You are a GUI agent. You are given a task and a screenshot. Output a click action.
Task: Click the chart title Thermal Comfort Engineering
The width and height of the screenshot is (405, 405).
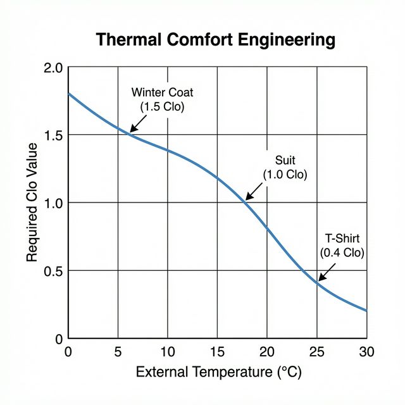coord(215,40)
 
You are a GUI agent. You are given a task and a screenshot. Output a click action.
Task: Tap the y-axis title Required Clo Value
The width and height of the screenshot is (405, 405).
coord(32,202)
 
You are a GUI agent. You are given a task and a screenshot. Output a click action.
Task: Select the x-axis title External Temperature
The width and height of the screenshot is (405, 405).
coord(219,371)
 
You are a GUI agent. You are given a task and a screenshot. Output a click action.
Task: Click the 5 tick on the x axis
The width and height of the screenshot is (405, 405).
coord(118,351)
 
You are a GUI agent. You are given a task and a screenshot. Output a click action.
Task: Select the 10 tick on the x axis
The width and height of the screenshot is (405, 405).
coord(167,351)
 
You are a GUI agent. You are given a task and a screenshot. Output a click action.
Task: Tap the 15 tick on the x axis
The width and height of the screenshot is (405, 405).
coord(217,351)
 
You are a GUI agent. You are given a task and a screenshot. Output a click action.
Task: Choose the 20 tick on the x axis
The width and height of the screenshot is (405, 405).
coord(266,351)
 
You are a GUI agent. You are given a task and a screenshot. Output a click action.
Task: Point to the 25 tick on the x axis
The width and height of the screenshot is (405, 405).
coord(316,351)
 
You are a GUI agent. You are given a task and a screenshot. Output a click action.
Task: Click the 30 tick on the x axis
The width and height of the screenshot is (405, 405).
coord(366,351)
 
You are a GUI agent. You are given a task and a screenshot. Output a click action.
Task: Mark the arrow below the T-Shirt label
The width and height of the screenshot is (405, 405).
coord(326,273)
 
